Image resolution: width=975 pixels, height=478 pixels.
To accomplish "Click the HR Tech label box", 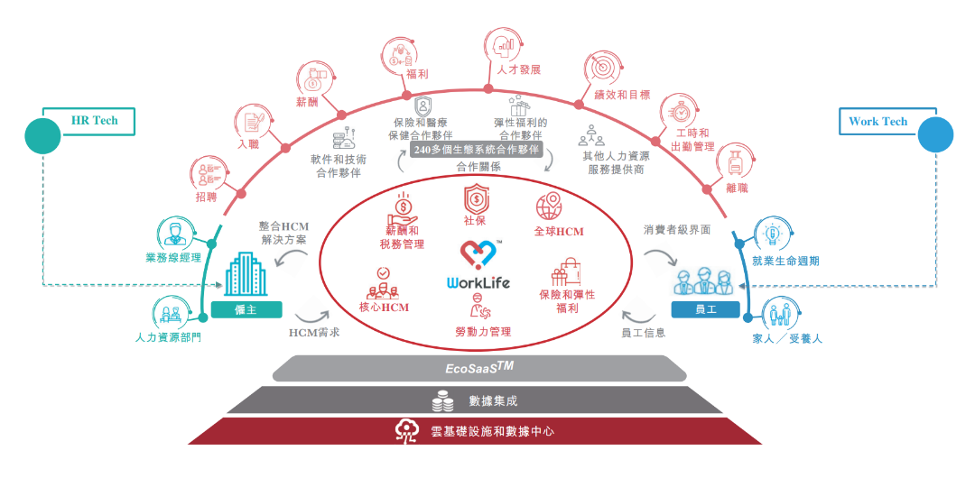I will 95,120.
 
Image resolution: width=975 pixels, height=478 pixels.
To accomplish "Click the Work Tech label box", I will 877,122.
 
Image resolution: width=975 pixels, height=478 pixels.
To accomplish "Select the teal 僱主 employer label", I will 246,309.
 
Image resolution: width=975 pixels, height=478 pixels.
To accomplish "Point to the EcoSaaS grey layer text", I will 478,368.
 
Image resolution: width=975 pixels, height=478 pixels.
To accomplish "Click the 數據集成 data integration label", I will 493,400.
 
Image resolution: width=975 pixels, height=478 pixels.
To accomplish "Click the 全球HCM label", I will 560,231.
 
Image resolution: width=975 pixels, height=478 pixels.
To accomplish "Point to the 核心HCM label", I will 384,308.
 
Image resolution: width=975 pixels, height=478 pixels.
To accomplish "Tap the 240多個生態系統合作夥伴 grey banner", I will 476,149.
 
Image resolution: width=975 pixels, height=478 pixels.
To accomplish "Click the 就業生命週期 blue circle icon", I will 773,234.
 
